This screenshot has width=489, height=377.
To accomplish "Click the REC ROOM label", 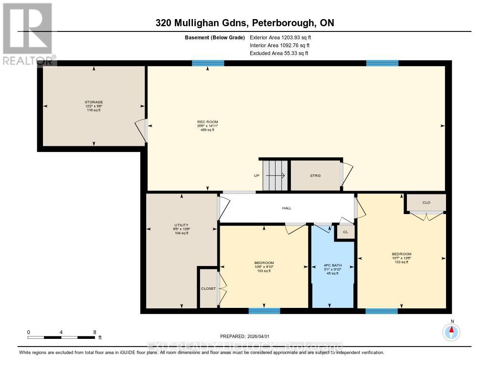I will tap(208, 122).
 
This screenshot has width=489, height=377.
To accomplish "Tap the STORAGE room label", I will tap(94, 102).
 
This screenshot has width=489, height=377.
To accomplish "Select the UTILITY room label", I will tap(181, 225).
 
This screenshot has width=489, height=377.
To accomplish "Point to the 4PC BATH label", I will tap(331, 265).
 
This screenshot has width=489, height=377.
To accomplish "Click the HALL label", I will tap(287, 208).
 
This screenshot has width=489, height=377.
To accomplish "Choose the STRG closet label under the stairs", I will tap(315, 175).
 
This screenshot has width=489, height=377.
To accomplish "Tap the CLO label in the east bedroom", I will tap(426, 203).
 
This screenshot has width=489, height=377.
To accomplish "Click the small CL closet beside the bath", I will tap(345, 232).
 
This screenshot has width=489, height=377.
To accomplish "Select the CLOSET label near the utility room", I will tap(208, 288).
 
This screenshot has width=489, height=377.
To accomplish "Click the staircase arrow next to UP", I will tap(276, 175).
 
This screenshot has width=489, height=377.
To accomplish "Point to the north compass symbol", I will tap(451, 331).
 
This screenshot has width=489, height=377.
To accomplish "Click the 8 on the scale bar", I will tap(95, 332).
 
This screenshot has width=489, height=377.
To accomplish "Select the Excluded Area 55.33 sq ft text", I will tap(279, 53).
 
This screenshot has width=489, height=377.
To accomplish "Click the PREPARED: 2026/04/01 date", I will tap(248, 336).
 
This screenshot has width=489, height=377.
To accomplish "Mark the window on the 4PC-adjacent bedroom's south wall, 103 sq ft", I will tap(264, 311).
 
